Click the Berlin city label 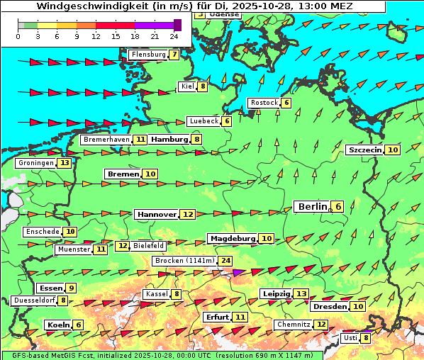coord(312,206)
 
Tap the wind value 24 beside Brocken coord(226,261)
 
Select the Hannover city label coord(157,214)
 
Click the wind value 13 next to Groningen coord(65,163)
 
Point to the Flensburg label coord(147,55)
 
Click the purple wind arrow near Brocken coord(238,272)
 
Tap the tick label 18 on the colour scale coord(135,36)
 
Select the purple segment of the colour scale coord(154,25)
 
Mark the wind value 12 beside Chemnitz coord(322,325)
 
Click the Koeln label coord(57,325)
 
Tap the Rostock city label coord(264,103)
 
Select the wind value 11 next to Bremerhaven coord(141,140)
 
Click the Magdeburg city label coord(231,238)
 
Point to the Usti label coord(350,338)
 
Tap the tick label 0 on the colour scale coord(18,36)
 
